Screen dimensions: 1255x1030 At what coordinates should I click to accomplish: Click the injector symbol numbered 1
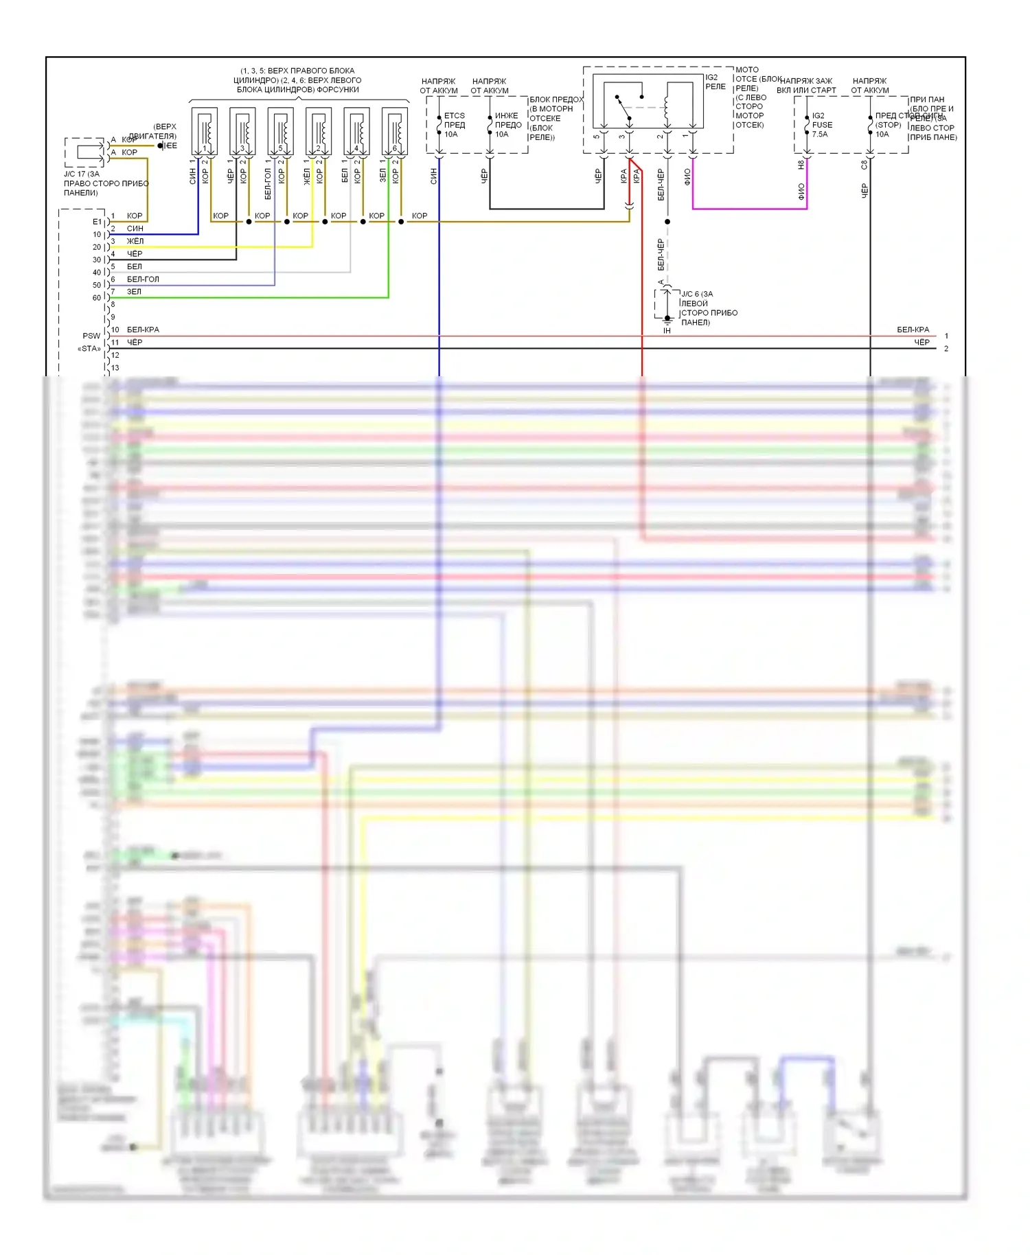[x=204, y=131]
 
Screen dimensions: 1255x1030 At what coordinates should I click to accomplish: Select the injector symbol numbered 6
[x=395, y=131]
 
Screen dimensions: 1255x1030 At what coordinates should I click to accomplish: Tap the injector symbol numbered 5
[x=280, y=131]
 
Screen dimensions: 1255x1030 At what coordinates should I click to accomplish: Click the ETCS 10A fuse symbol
[x=439, y=125]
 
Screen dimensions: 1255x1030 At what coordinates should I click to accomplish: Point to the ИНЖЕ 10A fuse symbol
[x=490, y=125]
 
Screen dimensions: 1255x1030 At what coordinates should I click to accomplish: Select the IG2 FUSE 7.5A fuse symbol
[x=807, y=125]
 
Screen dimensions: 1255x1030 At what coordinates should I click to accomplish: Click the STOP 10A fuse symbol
[x=870, y=125]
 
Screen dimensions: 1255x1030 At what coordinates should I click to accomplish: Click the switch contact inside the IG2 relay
[x=623, y=106]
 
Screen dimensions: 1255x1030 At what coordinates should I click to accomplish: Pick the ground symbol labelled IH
[x=667, y=321]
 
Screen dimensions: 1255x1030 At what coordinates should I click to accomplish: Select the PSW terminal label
[x=91, y=336]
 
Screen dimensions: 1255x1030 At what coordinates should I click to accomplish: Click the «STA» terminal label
[x=89, y=349]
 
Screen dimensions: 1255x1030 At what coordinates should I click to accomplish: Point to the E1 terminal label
[x=97, y=222]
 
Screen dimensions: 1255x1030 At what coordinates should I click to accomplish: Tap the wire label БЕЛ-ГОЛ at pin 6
[x=143, y=279]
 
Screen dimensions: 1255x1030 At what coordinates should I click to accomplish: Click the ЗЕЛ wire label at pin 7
[x=134, y=292]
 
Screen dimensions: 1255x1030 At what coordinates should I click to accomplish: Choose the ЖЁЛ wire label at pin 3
[x=135, y=241]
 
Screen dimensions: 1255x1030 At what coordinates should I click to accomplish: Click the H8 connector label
[x=801, y=165]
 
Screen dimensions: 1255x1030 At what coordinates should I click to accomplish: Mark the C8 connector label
[x=864, y=165]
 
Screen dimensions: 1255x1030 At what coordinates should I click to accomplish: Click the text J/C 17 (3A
[x=82, y=174]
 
